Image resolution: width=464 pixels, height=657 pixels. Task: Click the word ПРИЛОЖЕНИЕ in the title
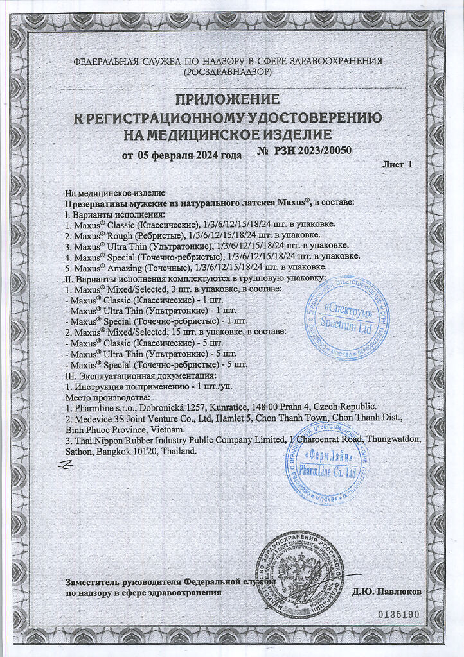click(229, 99)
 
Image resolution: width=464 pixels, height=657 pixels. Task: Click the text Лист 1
click(397, 165)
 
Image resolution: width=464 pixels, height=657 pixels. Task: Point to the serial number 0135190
click(398, 614)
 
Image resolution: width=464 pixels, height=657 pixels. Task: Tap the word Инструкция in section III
click(100, 386)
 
